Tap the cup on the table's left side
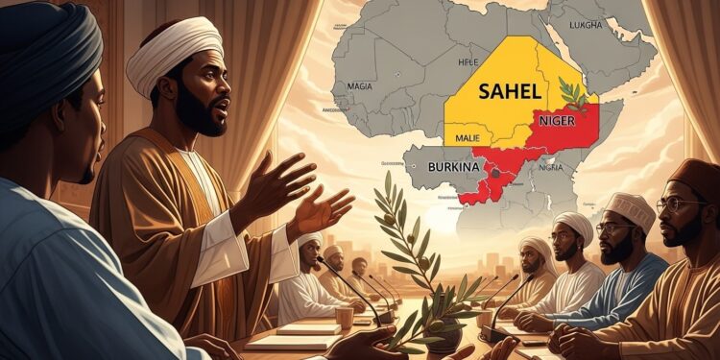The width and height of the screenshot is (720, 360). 345,317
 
